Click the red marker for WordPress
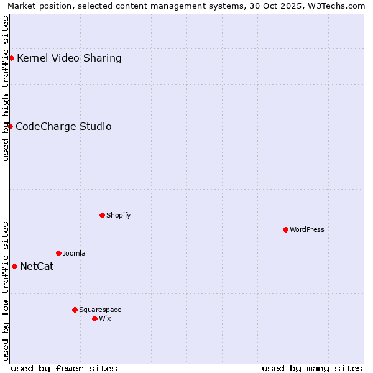click(285, 229)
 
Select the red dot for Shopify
click(102, 215)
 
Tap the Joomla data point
click(58, 253)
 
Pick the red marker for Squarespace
click(75, 310)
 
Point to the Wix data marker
click(94, 318)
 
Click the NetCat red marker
click(14, 266)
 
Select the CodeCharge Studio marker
click(10, 126)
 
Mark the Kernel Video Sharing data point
click(11, 58)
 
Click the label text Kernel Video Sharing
click(69, 58)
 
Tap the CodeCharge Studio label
click(63, 127)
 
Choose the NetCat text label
click(37, 267)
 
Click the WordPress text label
click(307, 230)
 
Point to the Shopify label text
click(118, 216)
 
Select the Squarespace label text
click(100, 310)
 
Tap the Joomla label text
click(74, 254)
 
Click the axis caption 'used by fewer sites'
click(64, 368)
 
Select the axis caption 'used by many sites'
click(312, 368)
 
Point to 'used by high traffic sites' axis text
click(6, 88)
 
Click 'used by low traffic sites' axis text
click(6, 291)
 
